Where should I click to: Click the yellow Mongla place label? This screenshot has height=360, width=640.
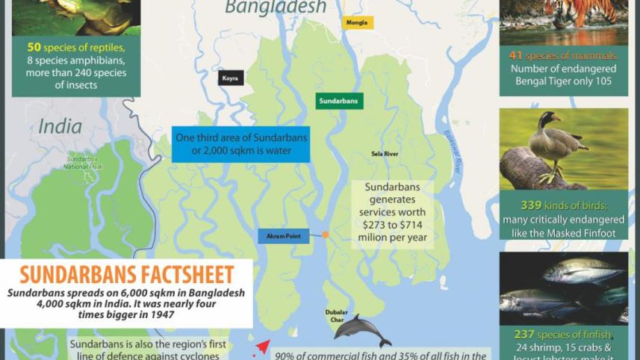356,22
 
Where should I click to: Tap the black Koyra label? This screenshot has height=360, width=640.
231,78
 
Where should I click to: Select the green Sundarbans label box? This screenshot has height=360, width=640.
339,101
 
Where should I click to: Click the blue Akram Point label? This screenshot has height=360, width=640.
283,236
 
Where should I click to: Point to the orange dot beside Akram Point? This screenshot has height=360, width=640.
325,235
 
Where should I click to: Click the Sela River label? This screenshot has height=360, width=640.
385,154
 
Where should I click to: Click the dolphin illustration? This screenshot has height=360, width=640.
361,329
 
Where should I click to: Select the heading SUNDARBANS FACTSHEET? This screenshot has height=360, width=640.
126,274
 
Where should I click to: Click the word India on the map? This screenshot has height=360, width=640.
60,126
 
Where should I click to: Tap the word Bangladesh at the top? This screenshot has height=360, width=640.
276,7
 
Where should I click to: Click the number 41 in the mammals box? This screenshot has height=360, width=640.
516,56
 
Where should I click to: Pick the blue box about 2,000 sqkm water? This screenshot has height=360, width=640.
240,144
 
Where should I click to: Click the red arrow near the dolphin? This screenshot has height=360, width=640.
262,347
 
